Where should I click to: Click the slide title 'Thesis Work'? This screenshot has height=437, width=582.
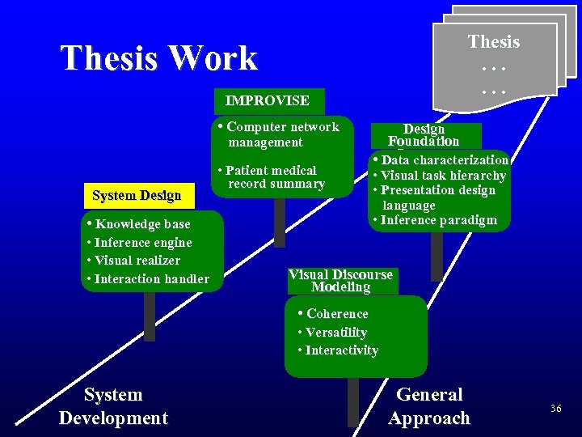click(x=158, y=57)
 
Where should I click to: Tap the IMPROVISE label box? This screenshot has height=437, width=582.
click(x=268, y=101)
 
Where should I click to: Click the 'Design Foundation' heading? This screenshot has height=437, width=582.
click(x=424, y=135)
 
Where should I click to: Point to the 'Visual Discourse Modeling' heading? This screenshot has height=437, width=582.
click(x=340, y=280)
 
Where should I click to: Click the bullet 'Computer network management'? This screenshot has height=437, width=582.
click(x=279, y=134)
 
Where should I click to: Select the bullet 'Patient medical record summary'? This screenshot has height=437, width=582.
click(x=272, y=177)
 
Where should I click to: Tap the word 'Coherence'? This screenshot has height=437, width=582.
click(x=336, y=314)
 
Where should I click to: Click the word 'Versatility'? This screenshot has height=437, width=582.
click(x=335, y=333)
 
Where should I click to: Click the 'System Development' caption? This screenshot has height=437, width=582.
click(x=113, y=406)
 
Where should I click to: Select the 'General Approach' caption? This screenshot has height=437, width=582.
click(x=428, y=406)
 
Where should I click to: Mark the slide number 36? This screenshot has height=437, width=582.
click(x=555, y=409)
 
